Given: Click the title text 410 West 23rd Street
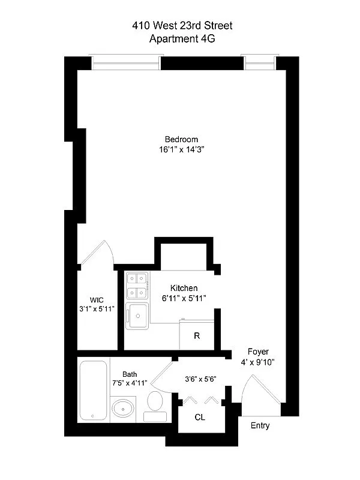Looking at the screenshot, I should point(182,26).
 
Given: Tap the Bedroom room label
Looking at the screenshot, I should point(181,139).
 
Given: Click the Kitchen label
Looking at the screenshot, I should point(184,288).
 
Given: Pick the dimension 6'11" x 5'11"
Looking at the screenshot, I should point(184,298).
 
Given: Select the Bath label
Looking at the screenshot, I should point(130,373).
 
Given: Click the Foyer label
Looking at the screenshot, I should point(258,352).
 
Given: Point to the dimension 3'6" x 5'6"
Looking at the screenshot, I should point(200,379).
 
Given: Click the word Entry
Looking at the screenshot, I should point(260,426).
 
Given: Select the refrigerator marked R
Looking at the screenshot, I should point(196,336).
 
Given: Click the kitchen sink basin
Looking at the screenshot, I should point(138,315).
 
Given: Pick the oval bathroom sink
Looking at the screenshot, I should point(124,410).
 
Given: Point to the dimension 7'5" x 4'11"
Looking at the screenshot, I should point(130,382).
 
